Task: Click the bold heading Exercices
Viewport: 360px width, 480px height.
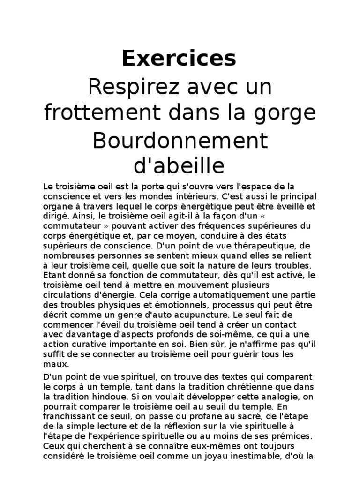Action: [x=180, y=59]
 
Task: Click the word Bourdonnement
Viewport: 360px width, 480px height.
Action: [x=180, y=141]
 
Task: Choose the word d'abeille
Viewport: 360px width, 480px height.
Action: [x=180, y=166]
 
